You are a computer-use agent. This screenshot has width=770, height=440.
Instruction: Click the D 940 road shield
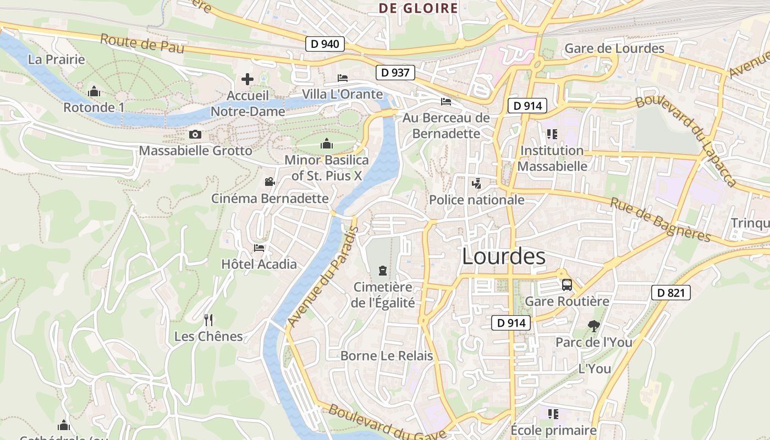[x=325, y=43]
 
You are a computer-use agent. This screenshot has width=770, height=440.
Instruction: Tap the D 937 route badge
[x=395, y=72]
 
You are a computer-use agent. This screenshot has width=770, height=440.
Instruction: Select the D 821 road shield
[x=671, y=293]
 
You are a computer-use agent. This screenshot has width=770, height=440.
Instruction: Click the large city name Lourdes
[x=504, y=256]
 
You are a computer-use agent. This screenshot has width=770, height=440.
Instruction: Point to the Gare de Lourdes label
[x=614, y=48]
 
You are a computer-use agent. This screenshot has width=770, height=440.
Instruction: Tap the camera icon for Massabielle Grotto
[x=195, y=134]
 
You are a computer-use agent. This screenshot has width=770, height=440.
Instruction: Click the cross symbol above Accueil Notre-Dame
[x=248, y=79]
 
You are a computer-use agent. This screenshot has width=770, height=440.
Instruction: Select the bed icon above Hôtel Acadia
[x=259, y=248]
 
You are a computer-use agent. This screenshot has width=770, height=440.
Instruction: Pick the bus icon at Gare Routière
[x=566, y=285]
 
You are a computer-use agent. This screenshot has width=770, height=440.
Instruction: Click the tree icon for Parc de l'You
[x=593, y=326]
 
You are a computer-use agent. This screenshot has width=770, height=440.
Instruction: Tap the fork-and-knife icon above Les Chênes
[x=208, y=320]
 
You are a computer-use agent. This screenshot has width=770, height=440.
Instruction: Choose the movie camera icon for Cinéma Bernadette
[x=269, y=182]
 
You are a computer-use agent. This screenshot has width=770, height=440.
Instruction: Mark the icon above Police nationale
[x=477, y=184]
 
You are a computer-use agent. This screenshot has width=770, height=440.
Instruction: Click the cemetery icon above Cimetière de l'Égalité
[x=382, y=270]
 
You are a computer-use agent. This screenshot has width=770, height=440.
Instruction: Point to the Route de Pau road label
[x=142, y=43]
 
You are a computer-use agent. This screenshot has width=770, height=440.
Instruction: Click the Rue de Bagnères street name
[x=661, y=219]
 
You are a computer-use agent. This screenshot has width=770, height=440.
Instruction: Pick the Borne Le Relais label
[x=387, y=356]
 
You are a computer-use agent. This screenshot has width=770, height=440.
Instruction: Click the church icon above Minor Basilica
[x=327, y=144]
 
